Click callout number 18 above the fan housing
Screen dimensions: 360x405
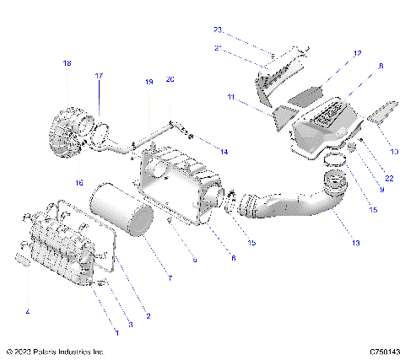click(x=67, y=64)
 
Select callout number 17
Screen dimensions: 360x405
click(x=98, y=76)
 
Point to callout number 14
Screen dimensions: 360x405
click(x=224, y=152)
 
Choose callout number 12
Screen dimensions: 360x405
click(x=357, y=53)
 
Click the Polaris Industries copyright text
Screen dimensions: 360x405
click(x=55, y=351)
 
